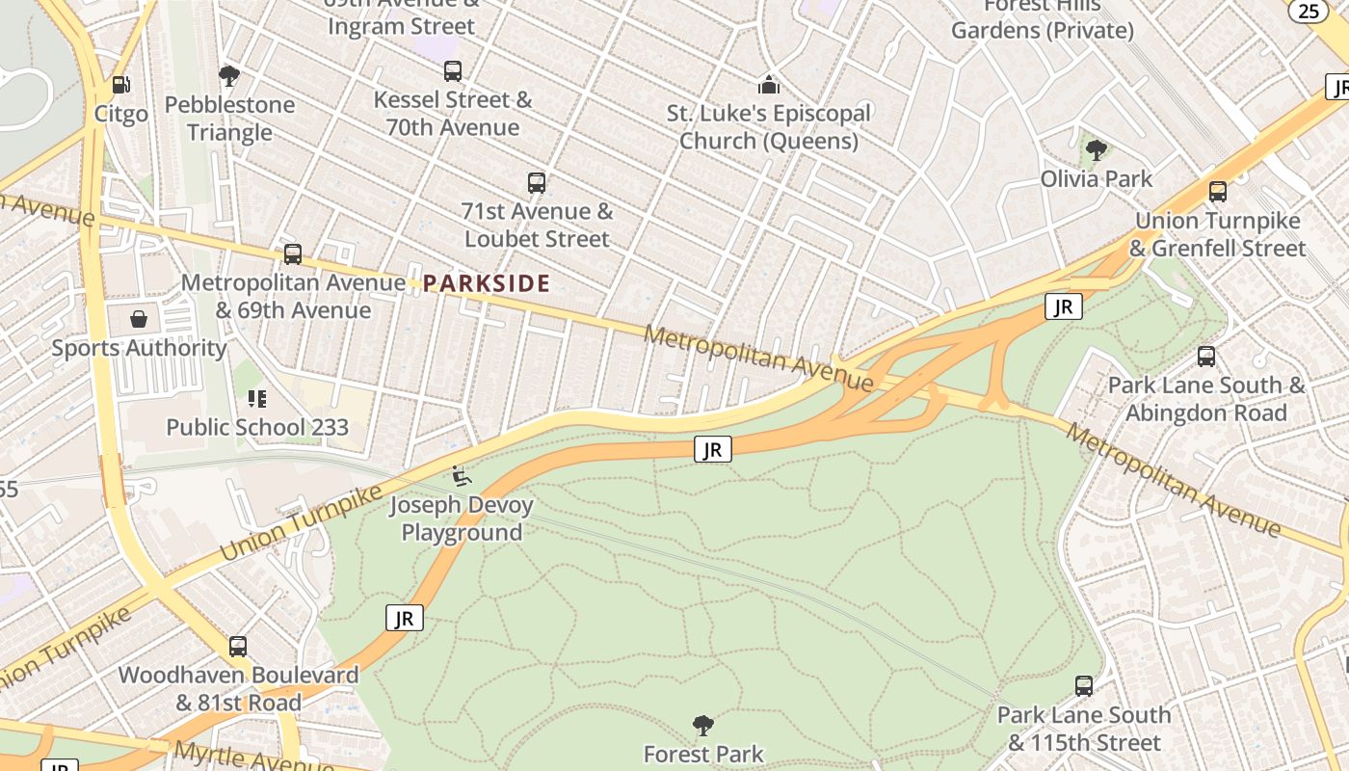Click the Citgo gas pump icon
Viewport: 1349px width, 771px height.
(120, 85)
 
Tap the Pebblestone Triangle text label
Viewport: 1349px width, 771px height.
(229, 119)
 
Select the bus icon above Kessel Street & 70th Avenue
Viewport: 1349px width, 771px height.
(453, 70)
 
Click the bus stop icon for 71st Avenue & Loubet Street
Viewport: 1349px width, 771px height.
(537, 182)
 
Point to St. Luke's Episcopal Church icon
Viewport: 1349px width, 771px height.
(768, 85)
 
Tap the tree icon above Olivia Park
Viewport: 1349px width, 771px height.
(1096, 150)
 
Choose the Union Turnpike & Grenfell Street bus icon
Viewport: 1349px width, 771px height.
(1218, 192)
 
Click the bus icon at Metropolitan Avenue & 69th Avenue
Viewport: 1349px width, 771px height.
(293, 254)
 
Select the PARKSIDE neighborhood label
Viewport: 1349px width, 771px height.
(487, 283)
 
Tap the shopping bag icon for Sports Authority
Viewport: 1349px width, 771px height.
(139, 319)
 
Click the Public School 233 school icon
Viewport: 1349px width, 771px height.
(257, 398)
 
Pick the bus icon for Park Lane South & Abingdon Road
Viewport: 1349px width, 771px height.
(1206, 357)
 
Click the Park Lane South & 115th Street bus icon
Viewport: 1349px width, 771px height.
(1084, 686)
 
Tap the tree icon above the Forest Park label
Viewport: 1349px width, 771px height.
(703, 725)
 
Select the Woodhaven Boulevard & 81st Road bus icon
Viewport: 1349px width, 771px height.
(238, 647)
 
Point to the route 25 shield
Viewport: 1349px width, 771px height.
(1309, 11)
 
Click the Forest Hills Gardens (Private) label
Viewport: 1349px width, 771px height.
(1042, 19)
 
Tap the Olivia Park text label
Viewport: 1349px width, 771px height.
(1096, 179)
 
